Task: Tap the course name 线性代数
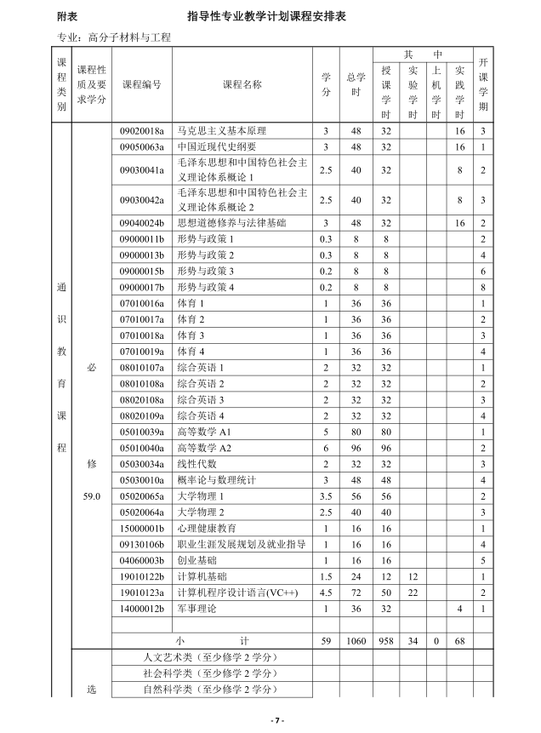point(194,464)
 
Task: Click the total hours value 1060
point(356,641)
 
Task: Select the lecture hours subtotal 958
point(386,641)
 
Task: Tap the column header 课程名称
point(242,85)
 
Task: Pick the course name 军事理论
point(194,609)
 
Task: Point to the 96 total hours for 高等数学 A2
point(356,448)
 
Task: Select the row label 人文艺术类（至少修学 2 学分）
point(211,657)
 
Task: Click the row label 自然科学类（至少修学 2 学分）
point(211,690)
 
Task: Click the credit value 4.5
point(326,593)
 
